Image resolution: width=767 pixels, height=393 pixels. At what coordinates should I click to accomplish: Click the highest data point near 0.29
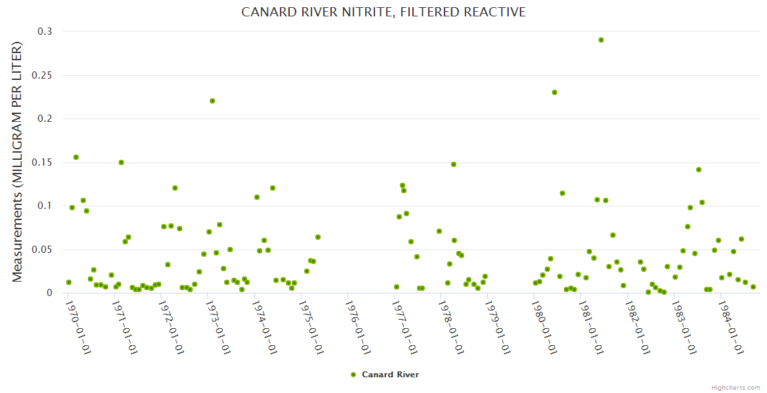pyautogui.click(x=601, y=40)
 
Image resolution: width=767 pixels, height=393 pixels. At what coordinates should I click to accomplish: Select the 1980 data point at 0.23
pyautogui.click(x=555, y=92)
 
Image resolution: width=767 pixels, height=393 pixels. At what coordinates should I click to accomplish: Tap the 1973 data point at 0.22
pyautogui.click(x=212, y=101)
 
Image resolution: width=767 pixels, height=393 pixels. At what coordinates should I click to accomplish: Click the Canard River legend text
pyautogui.click(x=390, y=375)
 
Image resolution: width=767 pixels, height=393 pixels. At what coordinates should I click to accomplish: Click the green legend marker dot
pyautogui.click(x=353, y=375)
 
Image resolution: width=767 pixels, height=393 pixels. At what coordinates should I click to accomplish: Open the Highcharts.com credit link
pyautogui.click(x=736, y=387)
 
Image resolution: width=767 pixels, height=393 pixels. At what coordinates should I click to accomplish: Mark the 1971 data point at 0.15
pyautogui.click(x=121, y=162)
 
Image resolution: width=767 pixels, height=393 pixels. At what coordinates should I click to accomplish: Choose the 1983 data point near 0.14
pyautogui.click(x=699, y=170)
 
